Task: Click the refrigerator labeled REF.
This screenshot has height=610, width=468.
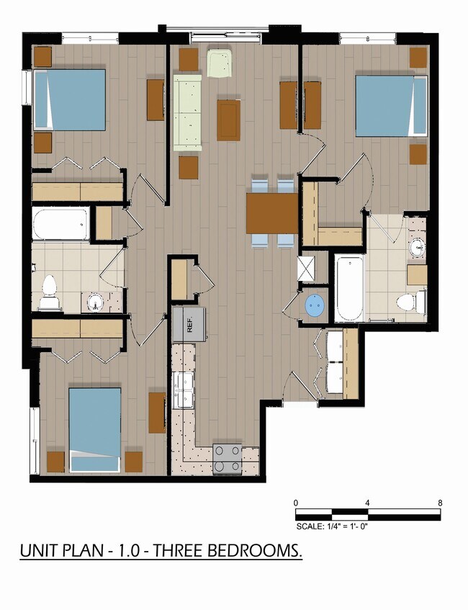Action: pos(189,325)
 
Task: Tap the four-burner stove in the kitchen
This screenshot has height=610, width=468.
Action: pos(228,459)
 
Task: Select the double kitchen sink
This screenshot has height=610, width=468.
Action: pos(184,390)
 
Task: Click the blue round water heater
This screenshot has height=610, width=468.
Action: pos(315,305)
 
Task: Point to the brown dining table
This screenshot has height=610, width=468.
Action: pos(272,213)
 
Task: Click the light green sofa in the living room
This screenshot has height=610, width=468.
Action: pos(187,113)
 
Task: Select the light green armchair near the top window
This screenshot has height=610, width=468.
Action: pos(220,63)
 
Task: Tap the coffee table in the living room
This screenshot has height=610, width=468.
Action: pos(228,120)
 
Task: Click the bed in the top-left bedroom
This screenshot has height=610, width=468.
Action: pos(70,99)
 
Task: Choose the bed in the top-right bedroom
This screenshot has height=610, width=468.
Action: pos(392,106)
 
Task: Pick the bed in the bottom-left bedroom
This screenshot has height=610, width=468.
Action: pos(95,430)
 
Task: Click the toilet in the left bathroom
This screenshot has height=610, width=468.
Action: pos(50,292)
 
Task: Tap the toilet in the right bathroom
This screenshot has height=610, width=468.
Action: pos(411,302)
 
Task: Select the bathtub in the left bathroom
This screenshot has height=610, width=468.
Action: pos(61,224)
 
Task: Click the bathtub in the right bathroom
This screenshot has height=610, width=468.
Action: pos(349,288)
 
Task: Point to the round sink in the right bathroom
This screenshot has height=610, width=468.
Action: pos(418,246)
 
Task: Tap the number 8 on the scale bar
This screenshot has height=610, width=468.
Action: pos(440,503)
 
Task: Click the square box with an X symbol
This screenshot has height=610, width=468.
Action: pos(307,269)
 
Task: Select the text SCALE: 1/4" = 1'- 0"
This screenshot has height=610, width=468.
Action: pos(332,526)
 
